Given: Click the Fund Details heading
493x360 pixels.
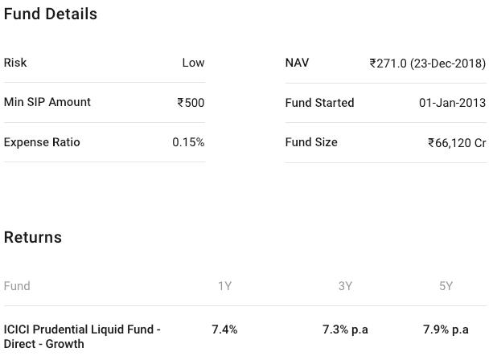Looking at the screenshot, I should pos(51,14).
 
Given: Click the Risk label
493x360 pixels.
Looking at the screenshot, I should pos(15,63).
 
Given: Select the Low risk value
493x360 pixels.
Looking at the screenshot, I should pos(193,63).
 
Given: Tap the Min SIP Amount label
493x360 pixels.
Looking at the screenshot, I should pos(47,102).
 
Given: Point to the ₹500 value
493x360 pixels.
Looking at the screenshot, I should pos(191,103).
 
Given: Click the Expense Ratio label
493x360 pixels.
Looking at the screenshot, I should pos(42,142).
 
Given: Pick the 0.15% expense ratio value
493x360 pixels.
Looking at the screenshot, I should pos(188,142).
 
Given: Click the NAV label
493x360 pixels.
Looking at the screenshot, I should pos(297,63).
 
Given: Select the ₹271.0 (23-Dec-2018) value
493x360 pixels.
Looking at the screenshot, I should pos(427,63).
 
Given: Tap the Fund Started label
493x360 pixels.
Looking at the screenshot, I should pos(319,103).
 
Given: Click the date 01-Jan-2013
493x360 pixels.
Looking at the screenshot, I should pos(452,103).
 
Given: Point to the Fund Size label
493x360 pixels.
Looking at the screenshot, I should pos(311,142).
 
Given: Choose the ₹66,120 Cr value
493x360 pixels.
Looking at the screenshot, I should pos(457,143).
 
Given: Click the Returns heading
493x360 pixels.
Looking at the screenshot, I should pos(33,237).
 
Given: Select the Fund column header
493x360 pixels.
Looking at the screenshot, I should pos(17,286).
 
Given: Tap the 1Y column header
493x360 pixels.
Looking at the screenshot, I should pos(224,286).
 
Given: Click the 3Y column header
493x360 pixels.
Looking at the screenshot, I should pos(345,286).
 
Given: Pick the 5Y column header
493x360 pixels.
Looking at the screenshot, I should pos(446,286).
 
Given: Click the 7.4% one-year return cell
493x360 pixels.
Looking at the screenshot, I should pos(224,329).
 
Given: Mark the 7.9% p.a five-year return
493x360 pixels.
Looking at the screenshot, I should pos(446,329).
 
